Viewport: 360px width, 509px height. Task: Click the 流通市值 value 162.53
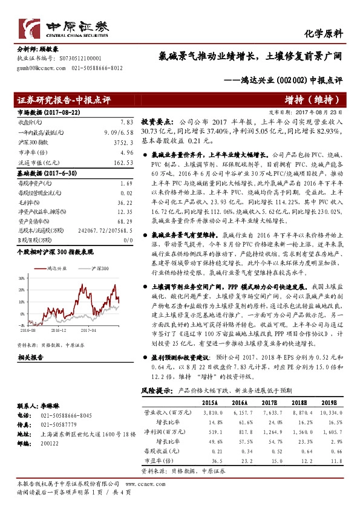(x=123, y=163)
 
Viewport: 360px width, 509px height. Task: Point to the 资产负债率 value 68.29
(x=124, y=221)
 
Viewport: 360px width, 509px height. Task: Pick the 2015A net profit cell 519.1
(x=206, y=432)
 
